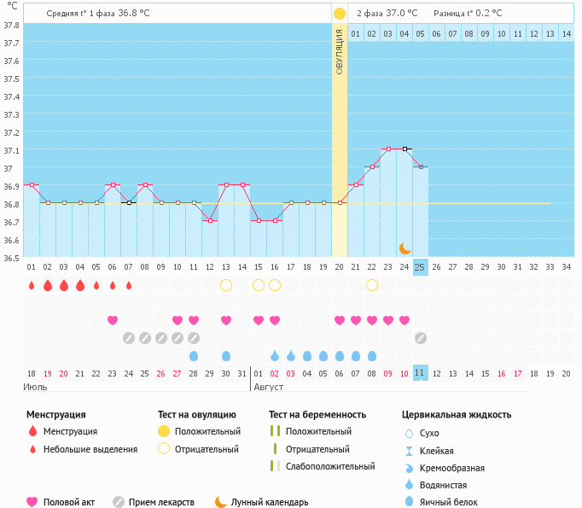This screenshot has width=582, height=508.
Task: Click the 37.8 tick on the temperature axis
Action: [x=12, y=25]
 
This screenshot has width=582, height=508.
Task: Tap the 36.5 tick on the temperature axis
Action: [x=12, y=257]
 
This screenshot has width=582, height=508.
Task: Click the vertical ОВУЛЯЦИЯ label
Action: [x=340, y=51]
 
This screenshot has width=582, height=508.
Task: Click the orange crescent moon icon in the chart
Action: [x=405, y=248]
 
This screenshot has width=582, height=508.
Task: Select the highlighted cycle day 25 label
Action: [x=420, y=267]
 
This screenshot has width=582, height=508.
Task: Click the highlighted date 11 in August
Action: [x=420, y=373]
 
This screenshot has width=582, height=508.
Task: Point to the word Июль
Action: [x=36, y=387]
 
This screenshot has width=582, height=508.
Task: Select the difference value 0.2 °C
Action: [x=486, y=14]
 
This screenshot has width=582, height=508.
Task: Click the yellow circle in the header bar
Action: [x=340, y=14]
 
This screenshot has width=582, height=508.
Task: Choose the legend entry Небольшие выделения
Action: [x=90, y=449]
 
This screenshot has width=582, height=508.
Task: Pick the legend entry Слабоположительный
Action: [x=330, y=466]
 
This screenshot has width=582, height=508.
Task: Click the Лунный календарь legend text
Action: [x=271, y=503]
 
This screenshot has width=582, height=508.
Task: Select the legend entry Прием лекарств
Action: [x=161, y=503]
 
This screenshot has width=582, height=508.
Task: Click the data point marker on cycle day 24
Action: [x=405, y=149]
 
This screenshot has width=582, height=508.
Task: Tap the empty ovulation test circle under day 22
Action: [x=372, y=285]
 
